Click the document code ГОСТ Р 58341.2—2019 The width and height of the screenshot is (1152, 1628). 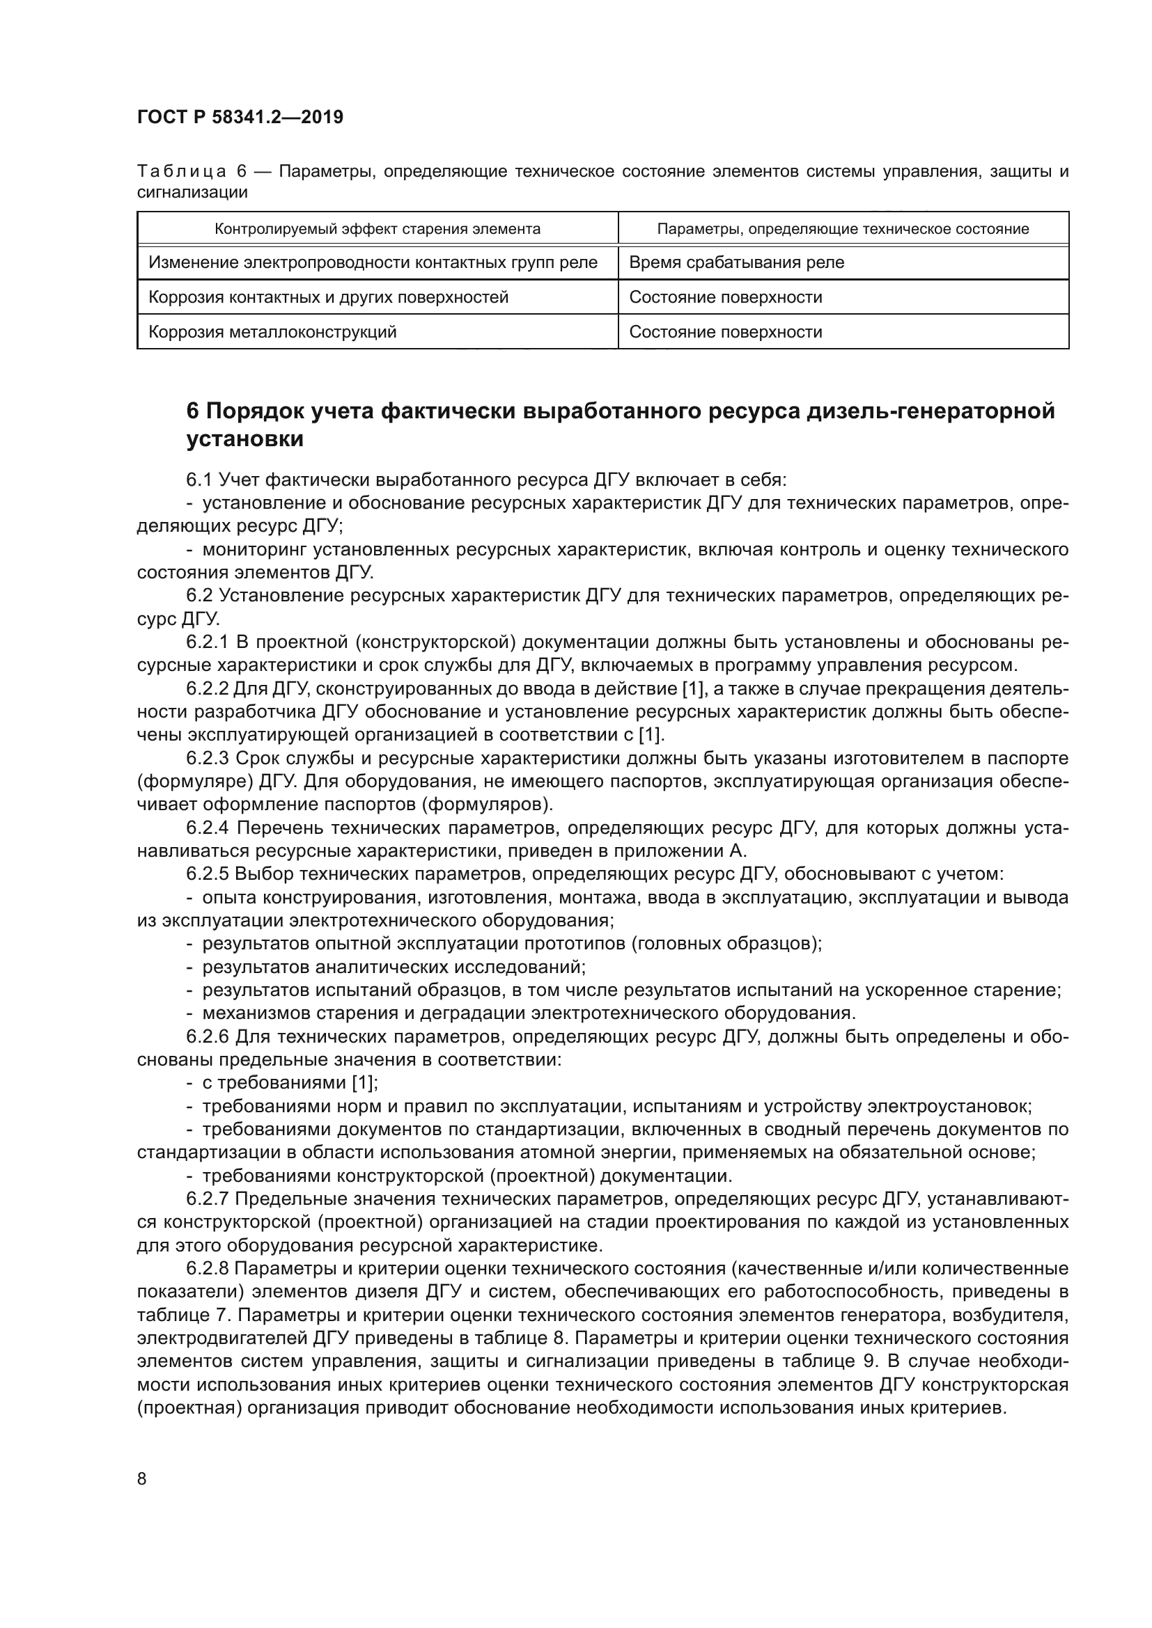point(240,117)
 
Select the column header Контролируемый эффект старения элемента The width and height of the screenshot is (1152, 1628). point(377,229)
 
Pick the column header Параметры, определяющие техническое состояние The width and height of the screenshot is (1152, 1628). point(843,229)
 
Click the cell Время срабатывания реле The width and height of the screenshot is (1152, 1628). point(736,262)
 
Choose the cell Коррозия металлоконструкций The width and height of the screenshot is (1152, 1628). point(272,332)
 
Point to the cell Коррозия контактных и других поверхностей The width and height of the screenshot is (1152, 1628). point(329,297)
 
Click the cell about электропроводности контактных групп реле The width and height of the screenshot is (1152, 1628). point(373,262)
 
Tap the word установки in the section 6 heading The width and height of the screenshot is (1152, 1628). point(244,439)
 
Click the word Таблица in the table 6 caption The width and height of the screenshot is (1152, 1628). point(182,172)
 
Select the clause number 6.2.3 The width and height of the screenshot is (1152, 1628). point(207,758)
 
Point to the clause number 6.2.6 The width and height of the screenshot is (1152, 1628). point(207,1036)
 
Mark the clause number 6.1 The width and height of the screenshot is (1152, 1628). point(199,480)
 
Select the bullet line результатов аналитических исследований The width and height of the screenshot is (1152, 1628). point(394,967)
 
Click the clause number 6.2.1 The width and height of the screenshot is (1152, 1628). point(207,642)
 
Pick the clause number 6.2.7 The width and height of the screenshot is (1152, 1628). point(207,1199)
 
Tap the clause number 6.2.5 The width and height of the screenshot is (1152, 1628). point(207,874)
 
